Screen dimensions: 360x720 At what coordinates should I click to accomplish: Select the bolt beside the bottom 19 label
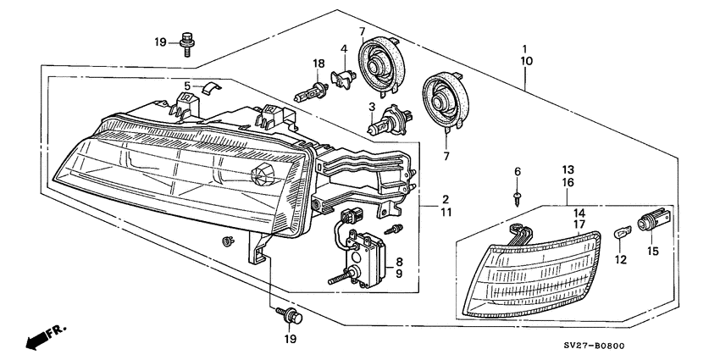pyautogui.click(x=291, y=316)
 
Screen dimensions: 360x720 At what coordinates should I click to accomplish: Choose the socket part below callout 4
pyautogui.click(x=344, y=77)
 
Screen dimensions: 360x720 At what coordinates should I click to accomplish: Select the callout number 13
pyautogui.click(x=568, y=169)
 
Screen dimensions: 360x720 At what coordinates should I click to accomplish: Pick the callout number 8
pyautogui.click(x=399, y=263)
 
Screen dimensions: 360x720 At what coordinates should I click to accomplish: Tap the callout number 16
pyautogui.click(x=568, y=182)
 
